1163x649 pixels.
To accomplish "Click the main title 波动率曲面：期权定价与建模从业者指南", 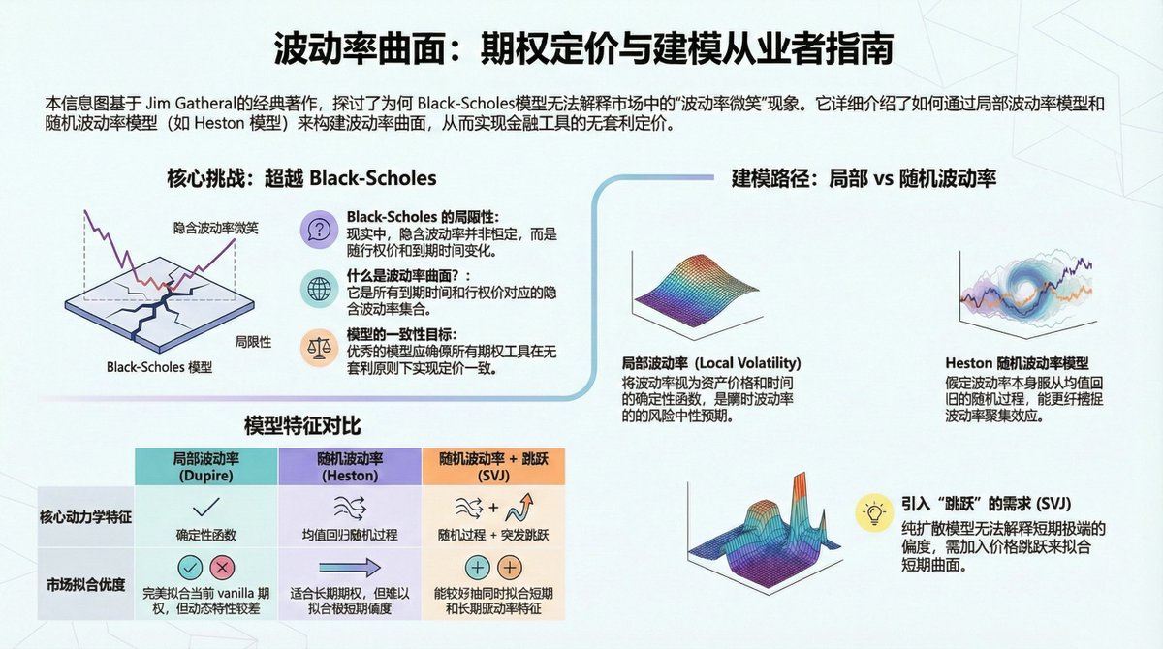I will pyautogui.click(x=581, y=48).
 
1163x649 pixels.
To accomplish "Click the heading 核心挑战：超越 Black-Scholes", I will pyautogui.click(x=301, y=178).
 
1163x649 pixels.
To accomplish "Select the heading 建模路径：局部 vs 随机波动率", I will pyautogui.click(x=864, y=178).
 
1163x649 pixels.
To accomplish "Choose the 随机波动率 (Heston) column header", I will pyautogui.click(x=349, y=467).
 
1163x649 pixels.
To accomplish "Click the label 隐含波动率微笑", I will pyautogui.click(x=215, y=228).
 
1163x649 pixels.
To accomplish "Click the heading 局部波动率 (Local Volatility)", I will pyautogui.click(x=711, y=364).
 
